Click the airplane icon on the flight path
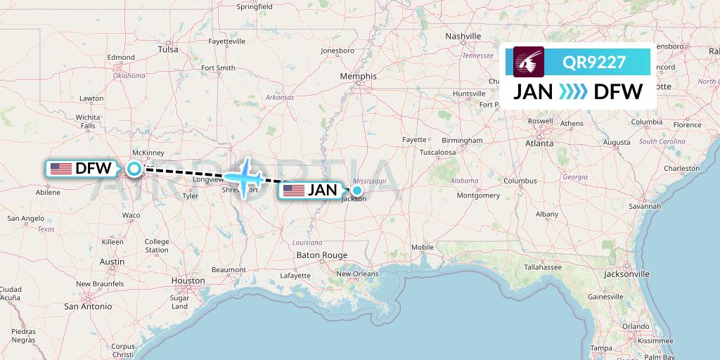pos(245,176)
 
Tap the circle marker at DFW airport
pos(134,168)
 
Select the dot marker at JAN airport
pos(357,190)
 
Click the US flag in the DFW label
pos(60,169)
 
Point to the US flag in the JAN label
pos(293,191)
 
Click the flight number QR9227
pos(593,62)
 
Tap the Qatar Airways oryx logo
pos(529,62)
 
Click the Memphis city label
pos(358,76)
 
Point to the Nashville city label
pos(463,36)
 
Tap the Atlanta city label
pos(539,143)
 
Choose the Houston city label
pos(188,281)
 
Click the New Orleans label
pos(357,274)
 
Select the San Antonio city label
pos(88,306)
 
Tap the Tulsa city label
pos(168,49)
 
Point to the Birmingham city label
pos(463,140)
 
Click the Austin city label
pos(112,262)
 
